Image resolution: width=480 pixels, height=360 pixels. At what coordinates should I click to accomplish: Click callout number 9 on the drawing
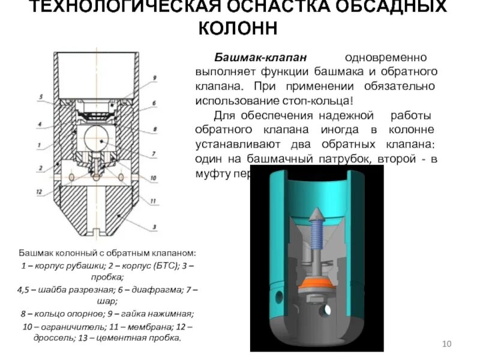click(x=154, y=78)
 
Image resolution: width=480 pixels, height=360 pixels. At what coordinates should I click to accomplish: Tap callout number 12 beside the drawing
click(x=39, y=191)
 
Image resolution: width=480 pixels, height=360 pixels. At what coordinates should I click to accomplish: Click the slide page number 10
click(x=446, y=344)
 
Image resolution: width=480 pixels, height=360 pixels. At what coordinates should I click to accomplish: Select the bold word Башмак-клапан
click(x=261, y=58)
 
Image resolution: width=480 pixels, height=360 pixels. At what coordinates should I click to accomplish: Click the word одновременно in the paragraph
click(x=385, y=58)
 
